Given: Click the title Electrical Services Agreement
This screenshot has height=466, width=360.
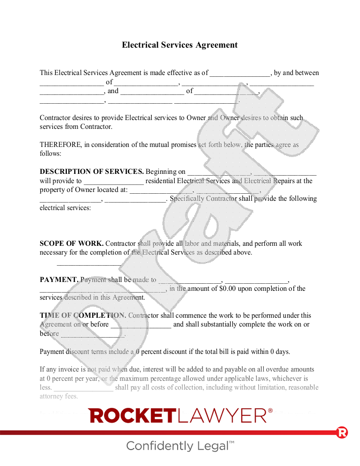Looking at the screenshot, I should [x=180, y=45].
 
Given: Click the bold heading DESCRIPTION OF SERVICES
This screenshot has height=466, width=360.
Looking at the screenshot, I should [x=92, y=172].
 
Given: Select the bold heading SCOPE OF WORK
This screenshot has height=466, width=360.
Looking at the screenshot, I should [x=71, y=244].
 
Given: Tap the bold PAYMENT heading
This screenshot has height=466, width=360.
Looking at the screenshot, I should [x=59, y=280].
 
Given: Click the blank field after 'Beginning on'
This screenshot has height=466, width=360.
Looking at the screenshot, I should [x=219, y=172].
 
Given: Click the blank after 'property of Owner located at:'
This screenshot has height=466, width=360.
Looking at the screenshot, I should [x=161, y=190].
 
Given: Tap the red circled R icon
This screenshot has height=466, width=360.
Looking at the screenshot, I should [x=342, y=432].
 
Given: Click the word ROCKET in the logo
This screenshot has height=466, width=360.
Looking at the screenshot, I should [x=132, y=416].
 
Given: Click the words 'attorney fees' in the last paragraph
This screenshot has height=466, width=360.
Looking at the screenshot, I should [x=59, y=396].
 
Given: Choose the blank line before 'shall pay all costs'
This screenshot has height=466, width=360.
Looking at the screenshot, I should [x=83, y=388].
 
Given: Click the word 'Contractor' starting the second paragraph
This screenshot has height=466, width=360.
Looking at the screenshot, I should [x=57, y=118].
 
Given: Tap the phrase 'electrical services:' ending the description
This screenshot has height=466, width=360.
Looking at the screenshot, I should [x=65, y=207].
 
